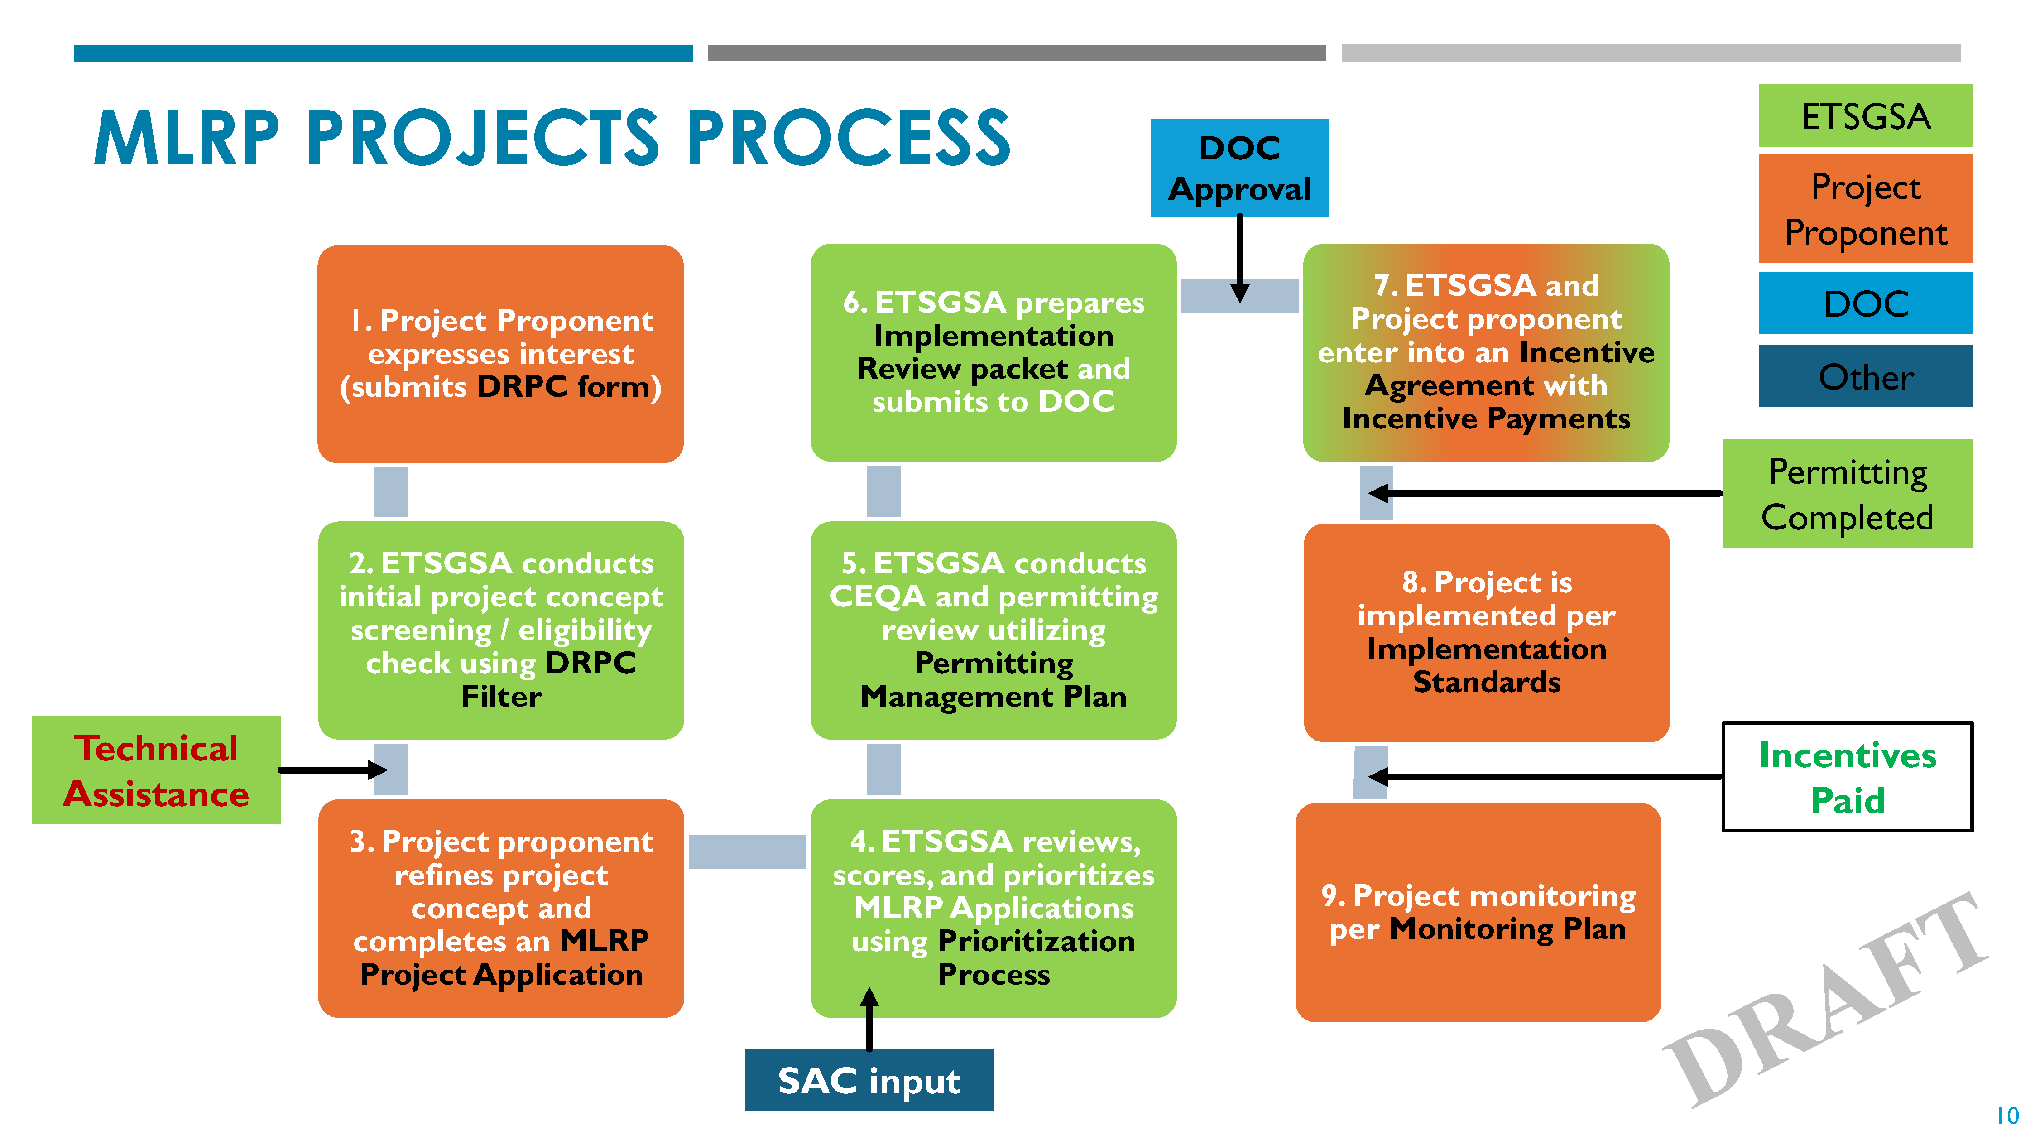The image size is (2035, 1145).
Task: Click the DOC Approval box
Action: [x=1238, y=168]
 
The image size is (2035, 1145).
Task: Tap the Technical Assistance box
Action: [x=156, y=770]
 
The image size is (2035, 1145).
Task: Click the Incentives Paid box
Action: [x=1847, y=777]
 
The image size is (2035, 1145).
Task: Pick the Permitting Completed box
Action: [x=1847, y=494]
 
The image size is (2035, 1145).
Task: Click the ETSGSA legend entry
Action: [x=1865, y=116]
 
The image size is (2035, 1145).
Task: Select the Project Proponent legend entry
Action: [x=1865, y=209]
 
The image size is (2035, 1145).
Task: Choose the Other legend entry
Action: [x=1865, y=377]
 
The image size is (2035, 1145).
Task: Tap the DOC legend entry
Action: [x=1865, y=303]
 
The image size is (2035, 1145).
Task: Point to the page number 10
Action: [x=2006, y=1116]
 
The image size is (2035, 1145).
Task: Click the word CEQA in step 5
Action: [x=877, y=597]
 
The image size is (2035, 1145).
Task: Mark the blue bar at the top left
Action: [x=383, y=53]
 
